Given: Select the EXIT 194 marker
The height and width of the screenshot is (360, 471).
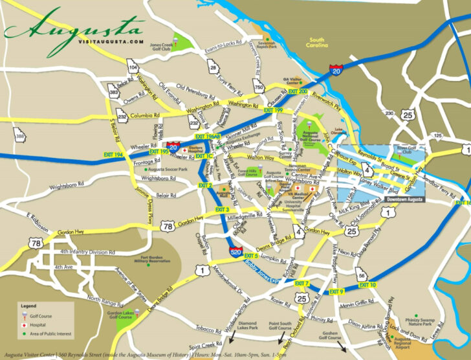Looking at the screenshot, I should (x=113, y=155).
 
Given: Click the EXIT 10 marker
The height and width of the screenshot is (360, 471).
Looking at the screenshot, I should (x=367, y=286).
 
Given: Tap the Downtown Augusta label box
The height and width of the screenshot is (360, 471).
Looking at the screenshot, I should (x=405, y=199).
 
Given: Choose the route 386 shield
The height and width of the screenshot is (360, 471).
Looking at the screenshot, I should (x=21, y=137).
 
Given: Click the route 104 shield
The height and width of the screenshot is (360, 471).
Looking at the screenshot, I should (x=133, y=67).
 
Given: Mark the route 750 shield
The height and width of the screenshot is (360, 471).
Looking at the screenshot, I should (x=259, y=88).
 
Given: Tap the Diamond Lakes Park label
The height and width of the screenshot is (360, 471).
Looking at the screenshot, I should (x=248, y=326).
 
